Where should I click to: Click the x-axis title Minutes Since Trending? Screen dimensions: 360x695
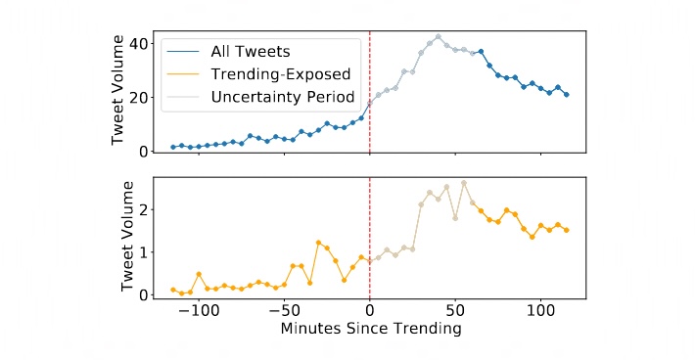[x=370, y=330]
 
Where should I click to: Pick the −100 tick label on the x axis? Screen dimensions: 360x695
[x=198, y=310]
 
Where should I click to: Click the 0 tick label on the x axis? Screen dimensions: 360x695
[x=370, y=310]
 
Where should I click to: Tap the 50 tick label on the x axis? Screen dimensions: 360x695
[x=455, y=310]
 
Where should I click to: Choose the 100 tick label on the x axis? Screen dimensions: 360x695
[x=540, y=310]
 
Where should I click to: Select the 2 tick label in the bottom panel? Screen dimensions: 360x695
[x=143, y=209]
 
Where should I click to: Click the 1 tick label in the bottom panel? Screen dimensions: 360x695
[x=143, y=251]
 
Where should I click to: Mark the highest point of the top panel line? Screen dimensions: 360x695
[x=438, y=37]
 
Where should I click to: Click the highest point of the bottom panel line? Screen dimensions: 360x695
[x=464, y=183]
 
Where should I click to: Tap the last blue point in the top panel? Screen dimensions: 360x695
[x=567, y=95]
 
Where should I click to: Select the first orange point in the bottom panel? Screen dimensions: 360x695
[x=172, y=290]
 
